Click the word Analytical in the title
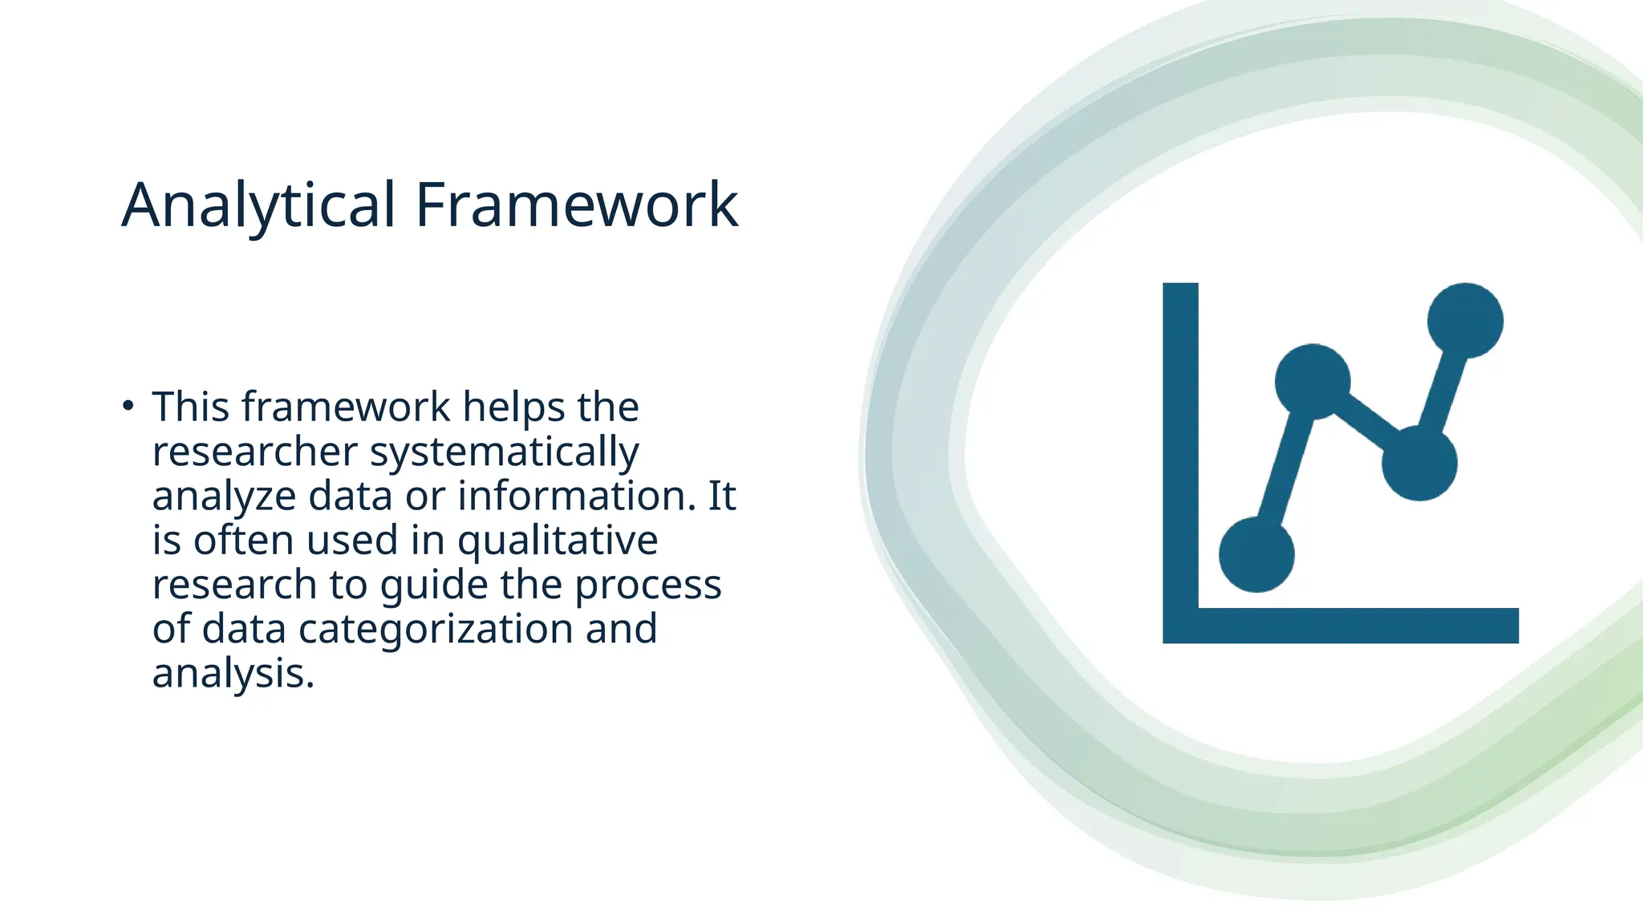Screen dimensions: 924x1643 258,206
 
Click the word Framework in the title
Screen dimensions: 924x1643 576,206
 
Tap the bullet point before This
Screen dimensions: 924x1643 128,406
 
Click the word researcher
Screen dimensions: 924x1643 254,452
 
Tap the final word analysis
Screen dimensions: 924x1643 233,674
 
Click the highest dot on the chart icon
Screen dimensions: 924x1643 1465,321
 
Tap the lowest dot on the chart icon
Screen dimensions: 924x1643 1256,554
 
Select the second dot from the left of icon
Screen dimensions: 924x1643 1312,382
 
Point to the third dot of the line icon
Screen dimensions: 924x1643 1419,464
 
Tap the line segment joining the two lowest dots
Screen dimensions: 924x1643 1284,468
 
